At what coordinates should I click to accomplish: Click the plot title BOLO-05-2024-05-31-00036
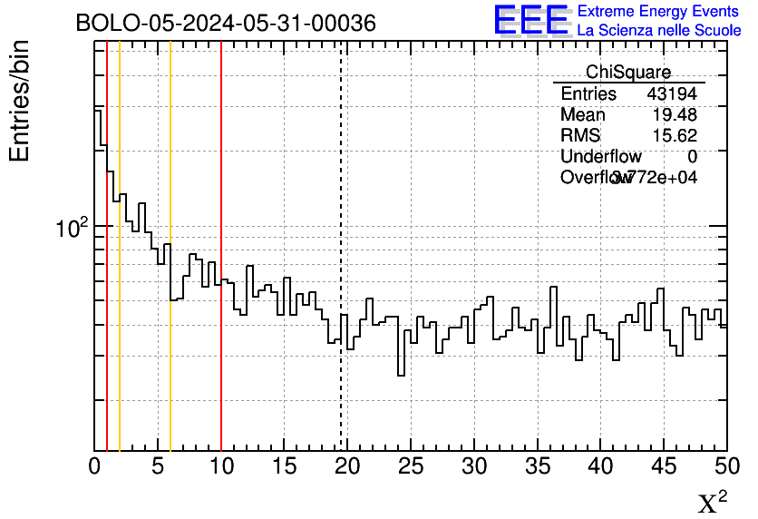pos(226,24)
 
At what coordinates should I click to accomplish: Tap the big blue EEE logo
pos(531,20)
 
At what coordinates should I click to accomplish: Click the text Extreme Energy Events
pos(659,11)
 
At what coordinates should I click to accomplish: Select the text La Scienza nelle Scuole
pos(659,30)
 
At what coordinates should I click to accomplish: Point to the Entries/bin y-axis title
pos(20,101)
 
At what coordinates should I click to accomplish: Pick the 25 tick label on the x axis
pos(411,466)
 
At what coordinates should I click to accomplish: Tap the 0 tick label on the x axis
pos(95,466)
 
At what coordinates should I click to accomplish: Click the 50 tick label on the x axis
pos(726,466)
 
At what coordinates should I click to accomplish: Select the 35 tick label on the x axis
pos(537,466)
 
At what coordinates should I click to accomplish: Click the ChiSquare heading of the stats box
pos(628,73)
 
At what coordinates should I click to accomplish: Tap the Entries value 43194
pos(672,94)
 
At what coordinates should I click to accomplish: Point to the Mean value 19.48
pos(675,115)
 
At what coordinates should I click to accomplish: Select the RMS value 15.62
pos(675,136)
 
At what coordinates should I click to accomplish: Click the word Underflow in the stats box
pos(600,157)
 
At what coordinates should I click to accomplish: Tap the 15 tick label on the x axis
pos(285,466)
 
